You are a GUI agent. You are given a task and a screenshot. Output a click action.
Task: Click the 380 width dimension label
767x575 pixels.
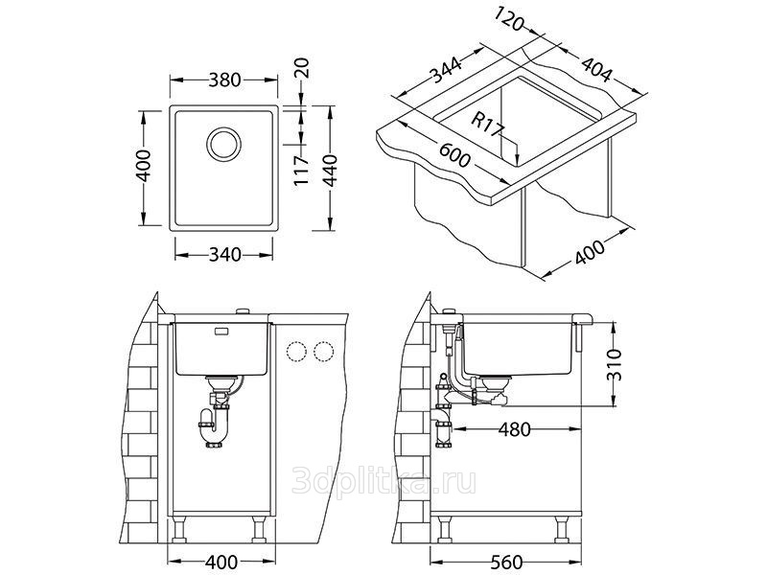(224, 80)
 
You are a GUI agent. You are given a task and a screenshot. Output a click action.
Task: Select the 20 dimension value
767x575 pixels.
(302, 68)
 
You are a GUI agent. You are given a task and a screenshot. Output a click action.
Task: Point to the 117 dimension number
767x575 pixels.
(302, 170)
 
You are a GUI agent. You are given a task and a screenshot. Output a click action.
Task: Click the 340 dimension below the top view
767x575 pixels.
(225, 255)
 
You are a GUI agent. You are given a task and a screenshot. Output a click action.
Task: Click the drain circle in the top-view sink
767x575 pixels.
(223, 143)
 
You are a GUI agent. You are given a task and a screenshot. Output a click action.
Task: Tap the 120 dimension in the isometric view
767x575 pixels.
(510, 19)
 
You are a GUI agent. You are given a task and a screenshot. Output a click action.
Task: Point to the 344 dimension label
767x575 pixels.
(445, 70)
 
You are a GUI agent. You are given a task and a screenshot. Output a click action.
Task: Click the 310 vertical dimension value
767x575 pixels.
(614, 365)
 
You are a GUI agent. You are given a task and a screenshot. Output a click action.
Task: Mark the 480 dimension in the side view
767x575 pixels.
(514, 429)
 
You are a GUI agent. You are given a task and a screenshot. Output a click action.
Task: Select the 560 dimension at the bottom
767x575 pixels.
(505, 563)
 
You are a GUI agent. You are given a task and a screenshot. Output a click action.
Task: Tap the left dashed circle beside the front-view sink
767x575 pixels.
(296, 352)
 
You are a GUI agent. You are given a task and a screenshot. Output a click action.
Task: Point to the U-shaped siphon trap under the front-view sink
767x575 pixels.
(214, 426)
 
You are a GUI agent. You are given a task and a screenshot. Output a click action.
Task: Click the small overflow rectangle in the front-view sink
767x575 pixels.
(221, 332)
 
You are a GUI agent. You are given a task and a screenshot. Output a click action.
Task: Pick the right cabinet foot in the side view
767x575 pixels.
(563, 531)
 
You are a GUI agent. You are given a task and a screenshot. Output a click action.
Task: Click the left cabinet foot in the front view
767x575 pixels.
(179, 531)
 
